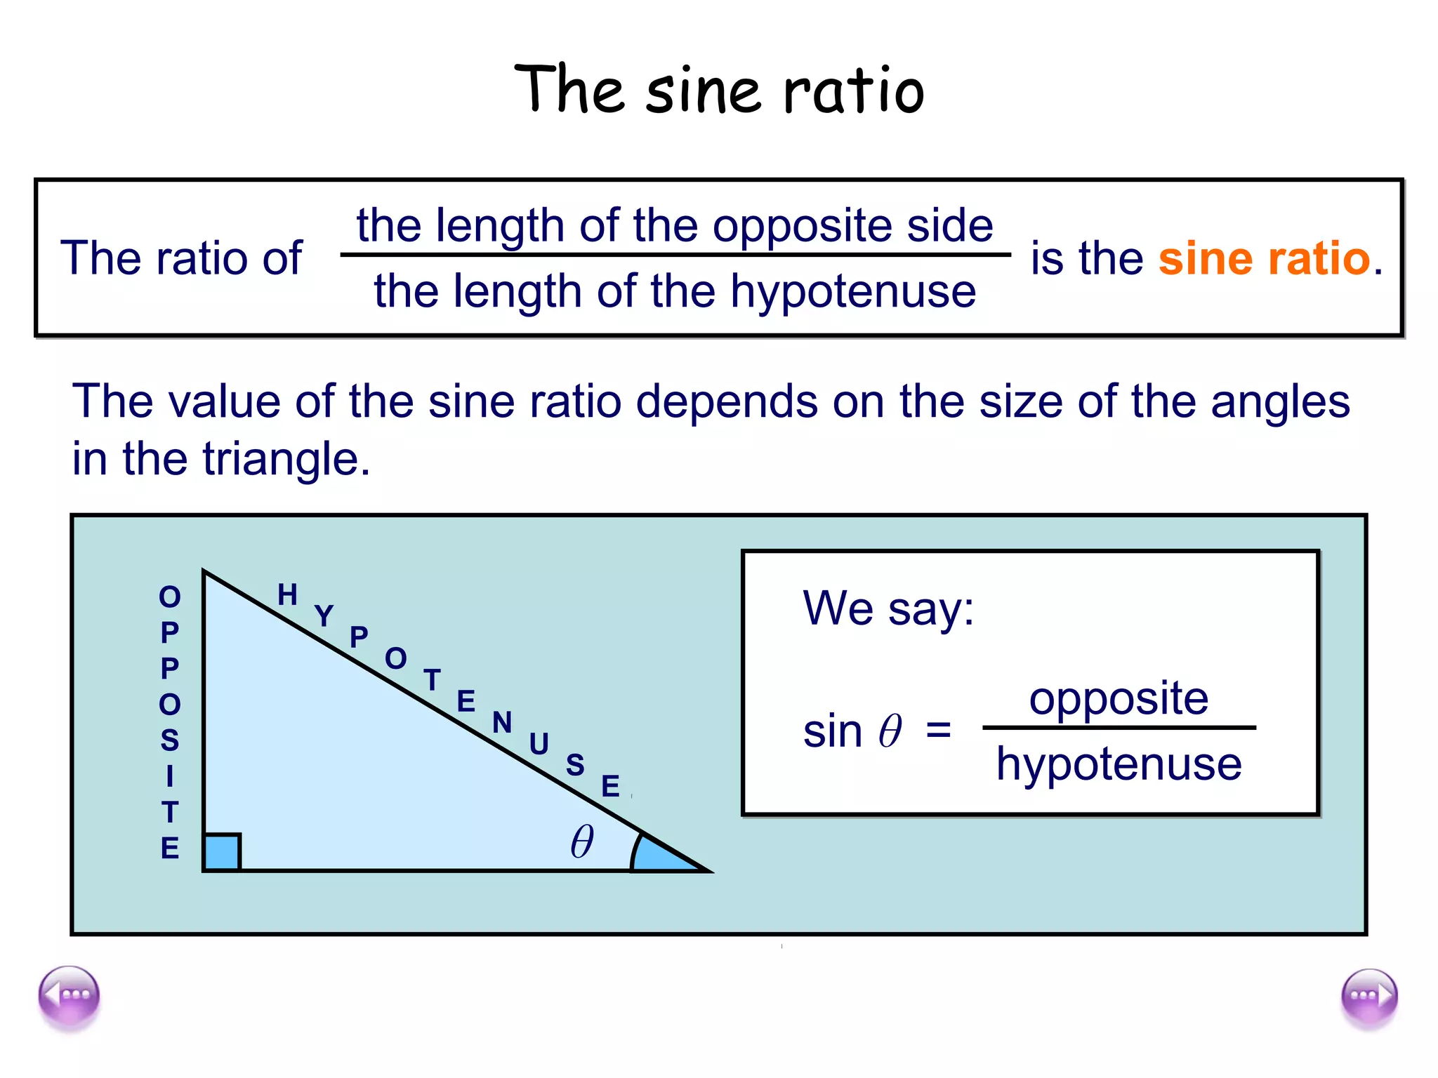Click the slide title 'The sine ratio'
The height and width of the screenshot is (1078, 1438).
(x=719, y=90)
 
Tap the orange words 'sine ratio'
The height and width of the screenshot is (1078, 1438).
(x=1264, y=258)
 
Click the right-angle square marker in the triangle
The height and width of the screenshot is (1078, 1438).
(x=222, y=852)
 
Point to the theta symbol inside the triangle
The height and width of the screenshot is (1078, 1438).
(x=582, y=841)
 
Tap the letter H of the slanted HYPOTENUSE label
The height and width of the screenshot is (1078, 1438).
(x=287, y=595)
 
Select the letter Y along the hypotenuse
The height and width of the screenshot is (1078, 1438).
(x=324, y=616)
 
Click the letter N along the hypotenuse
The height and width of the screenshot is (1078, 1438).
(x=502, y=723)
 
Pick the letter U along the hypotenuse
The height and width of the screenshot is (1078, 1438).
(x=539, y=744)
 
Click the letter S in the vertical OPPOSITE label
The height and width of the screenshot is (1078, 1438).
(x=170, y=740)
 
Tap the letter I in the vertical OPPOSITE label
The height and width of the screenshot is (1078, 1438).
(x=170, y=776)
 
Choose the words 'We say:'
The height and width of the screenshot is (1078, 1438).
(x=888, y=608)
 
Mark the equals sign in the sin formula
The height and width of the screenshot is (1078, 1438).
(x=938, y=730)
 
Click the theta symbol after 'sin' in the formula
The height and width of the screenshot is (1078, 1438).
(x=890, y=731)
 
